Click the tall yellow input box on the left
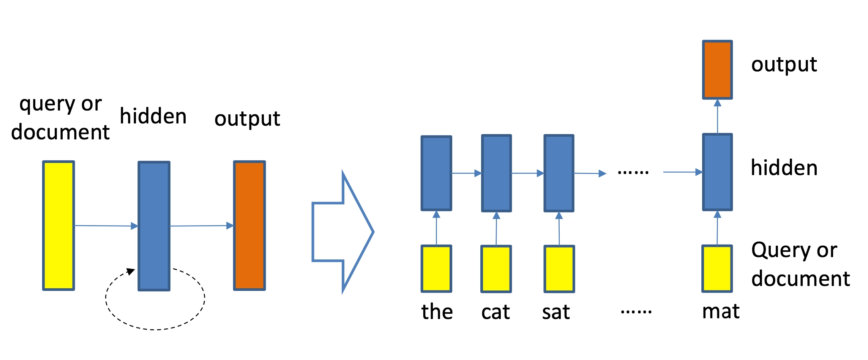point(58,226)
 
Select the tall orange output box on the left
point(249,226)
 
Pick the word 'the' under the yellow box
point(437,312)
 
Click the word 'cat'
point(496,312)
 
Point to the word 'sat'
point(556,312)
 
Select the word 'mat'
point(721,311)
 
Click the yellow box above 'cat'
point(496,269)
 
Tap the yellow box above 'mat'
point(717,268)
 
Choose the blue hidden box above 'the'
point(436,173)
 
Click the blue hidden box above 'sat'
point(559,173)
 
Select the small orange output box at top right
point(717,70)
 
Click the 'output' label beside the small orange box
point(784,65)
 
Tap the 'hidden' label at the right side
point(784,168)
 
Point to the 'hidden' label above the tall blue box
point(153,116)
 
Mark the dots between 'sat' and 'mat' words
point(636,312)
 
